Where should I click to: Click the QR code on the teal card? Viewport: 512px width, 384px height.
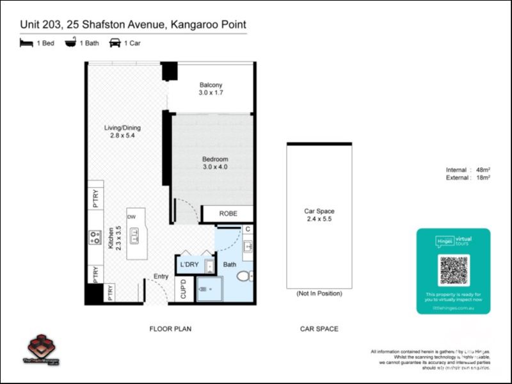pos(454,270)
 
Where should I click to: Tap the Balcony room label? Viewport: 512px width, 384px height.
pos(211,89)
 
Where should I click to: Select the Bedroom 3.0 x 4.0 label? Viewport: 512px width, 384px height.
pos(214,163)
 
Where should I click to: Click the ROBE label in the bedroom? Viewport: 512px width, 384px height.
pos(228,214)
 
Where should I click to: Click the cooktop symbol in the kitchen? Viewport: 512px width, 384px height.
pos(95,237)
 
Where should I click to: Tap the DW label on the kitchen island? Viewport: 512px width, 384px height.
pos(131,217)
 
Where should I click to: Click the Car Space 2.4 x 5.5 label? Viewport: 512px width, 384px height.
pos(319,214)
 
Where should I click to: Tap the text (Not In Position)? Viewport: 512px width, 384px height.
pos(319,293)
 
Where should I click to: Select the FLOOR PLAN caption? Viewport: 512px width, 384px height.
pos(170,329)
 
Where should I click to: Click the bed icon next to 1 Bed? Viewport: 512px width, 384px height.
pos(26,43)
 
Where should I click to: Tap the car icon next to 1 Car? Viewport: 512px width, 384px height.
pos(115,43)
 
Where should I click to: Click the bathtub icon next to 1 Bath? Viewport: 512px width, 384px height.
pos(70,43)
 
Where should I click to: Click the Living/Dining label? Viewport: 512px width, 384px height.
pos(122,131)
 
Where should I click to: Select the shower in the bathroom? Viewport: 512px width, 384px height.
pos(205,289)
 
